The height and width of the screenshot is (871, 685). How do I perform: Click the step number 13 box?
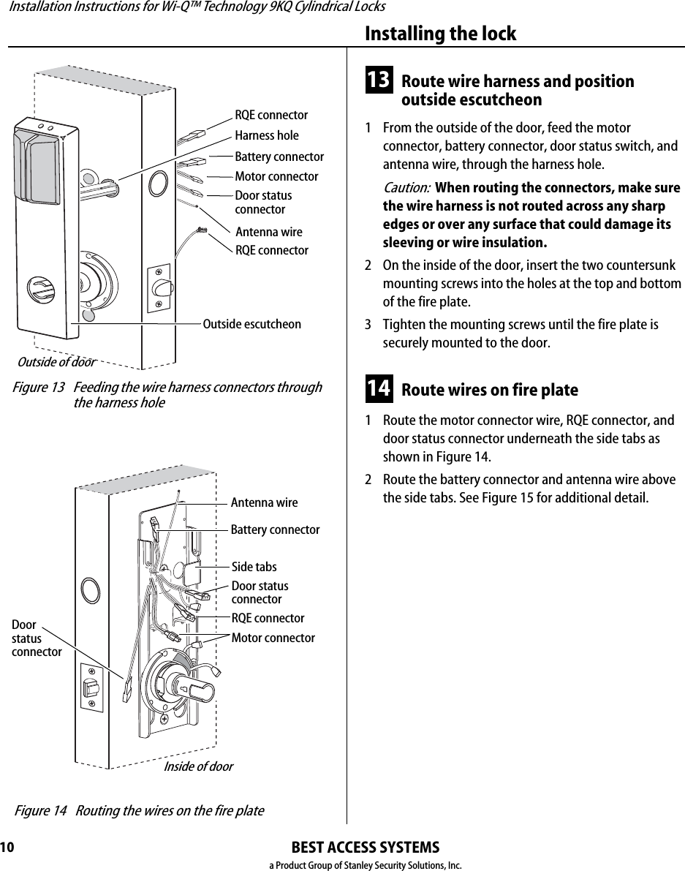tap(378, 80)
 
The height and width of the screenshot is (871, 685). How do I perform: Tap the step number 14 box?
tap(378, 388)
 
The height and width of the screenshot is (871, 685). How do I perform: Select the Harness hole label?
tap(266, 135)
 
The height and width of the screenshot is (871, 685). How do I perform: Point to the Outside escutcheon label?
tap(251, 324)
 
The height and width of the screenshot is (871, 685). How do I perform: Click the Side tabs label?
tap(254, 567)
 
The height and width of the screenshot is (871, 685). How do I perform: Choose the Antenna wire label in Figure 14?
tap(264, 502)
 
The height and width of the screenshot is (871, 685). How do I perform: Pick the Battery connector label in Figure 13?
tap(279, 157)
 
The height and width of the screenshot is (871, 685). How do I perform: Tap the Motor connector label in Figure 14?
tap(273, 638)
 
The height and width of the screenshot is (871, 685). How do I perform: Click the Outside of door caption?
tap(56, 362)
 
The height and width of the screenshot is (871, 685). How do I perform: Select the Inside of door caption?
tap(198, 766)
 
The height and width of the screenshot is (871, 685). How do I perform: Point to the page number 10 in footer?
tap(7, 848)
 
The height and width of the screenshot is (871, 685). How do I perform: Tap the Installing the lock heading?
tap(439, 34)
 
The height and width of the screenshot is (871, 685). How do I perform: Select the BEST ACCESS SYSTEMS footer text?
tap(365, 848)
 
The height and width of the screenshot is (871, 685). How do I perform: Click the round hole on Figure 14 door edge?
tap(89, 589)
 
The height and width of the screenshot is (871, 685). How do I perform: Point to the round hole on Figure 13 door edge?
tap(157, 182)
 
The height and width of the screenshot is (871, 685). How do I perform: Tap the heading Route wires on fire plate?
tap(489, 390)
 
